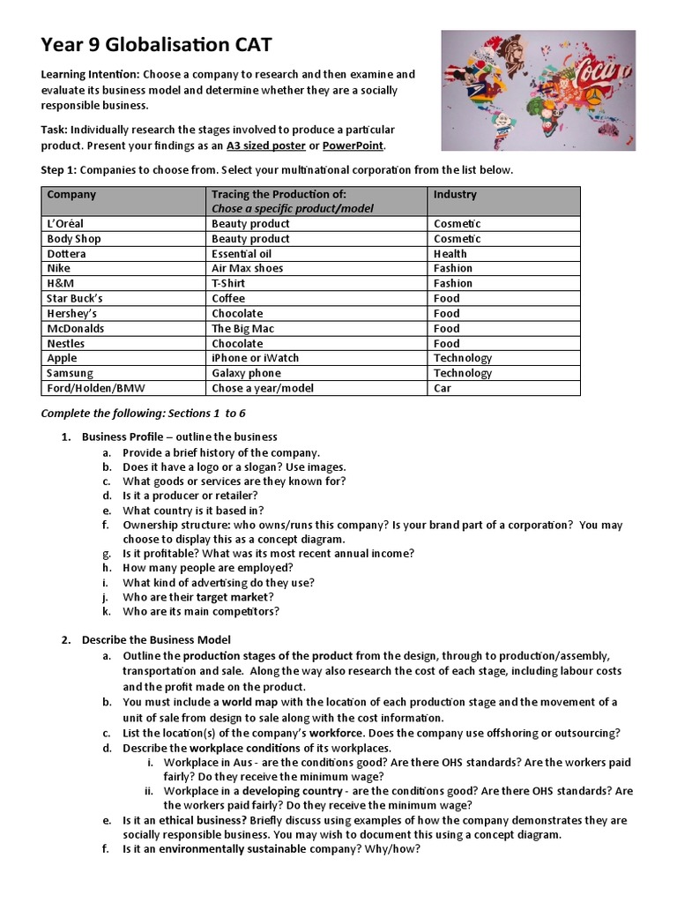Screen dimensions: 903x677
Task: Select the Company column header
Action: tap(71, 194)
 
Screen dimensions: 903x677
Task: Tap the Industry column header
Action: tap(455, 194)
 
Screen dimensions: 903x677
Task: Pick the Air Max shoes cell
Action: tap(247, 268)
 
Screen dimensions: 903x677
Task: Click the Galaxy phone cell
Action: tap(246, 373)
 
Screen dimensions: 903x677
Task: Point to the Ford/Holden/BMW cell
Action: tap(92, 388)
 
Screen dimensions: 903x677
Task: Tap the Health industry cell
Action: tap(450, 253)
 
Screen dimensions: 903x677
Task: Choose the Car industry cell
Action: tap(443, 388)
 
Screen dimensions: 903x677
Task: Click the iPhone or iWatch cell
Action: tap(255, 358)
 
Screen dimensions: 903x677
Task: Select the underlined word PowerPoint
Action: tap(353, 146)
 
